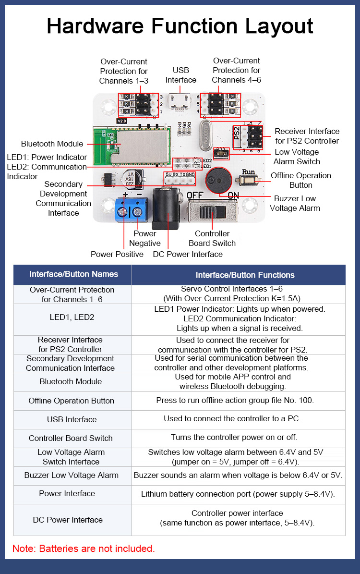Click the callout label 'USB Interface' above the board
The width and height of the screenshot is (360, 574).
[x=181, y=75]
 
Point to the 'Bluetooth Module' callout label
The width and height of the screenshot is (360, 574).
[x=52, y=144]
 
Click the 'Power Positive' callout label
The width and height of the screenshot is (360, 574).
[x=117, y=254]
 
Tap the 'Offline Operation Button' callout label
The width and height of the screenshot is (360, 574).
[x=301, y=180]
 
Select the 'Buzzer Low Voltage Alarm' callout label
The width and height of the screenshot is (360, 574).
[x=295, y=203]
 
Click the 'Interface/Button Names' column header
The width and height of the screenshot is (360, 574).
[x=73, y=274]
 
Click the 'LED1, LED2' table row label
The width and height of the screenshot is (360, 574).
[x=72, y=317]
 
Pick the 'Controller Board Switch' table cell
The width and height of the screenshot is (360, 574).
[x=71, y=438]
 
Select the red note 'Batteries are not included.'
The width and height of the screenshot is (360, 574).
[x=84, y=548]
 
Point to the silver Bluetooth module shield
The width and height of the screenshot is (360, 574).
[x=143, y=144]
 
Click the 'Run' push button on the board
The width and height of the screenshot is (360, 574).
[x=248, y=180]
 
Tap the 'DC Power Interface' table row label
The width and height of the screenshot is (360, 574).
[x=68, y=520]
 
